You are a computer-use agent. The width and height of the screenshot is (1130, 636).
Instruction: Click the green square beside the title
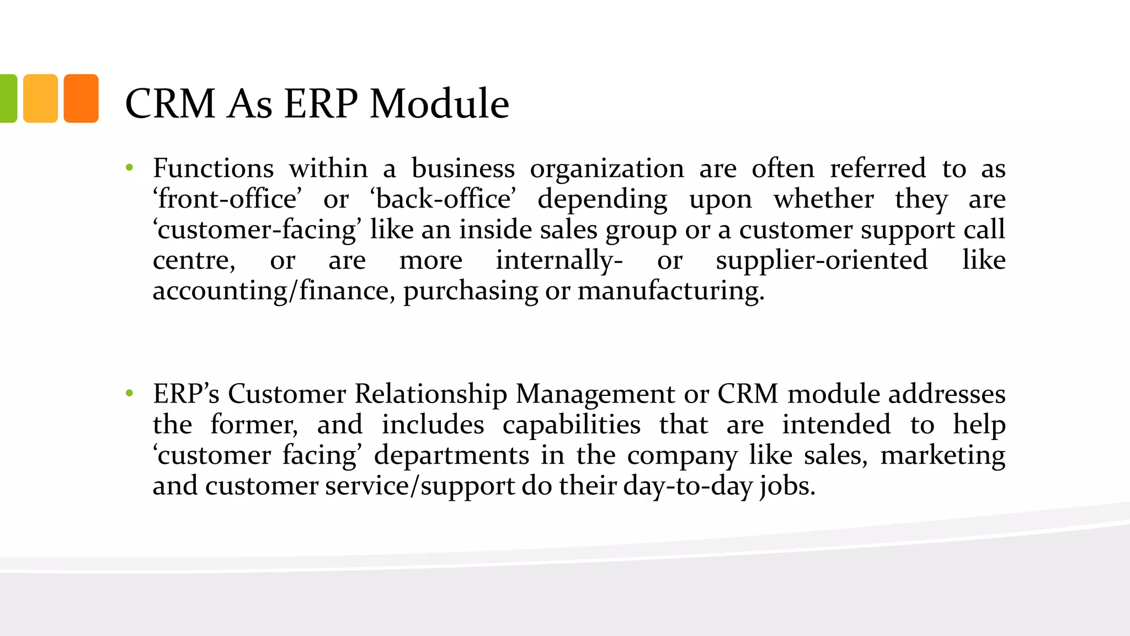pyautogui.click(x=8, y=98)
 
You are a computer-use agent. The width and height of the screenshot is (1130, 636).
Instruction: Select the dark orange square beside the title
pyautogui.click(x=81, y=98)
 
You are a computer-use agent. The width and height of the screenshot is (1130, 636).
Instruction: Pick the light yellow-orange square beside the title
pyautogui.click(x=40, y=98)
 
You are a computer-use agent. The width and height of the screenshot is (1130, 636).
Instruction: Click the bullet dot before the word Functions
pyautogui.click(x=130, y=168)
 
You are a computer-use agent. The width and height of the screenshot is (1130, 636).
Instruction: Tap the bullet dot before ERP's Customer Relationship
pyautogui.click(x=130, y=394)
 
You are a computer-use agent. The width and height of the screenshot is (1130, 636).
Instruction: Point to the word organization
pyautogui.click(x=607, y=168)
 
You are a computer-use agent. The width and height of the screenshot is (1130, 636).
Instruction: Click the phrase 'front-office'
pyautogui.click(x=227, y=199)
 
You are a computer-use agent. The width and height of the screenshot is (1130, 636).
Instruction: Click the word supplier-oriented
pyautogui.click(x=822, y=260)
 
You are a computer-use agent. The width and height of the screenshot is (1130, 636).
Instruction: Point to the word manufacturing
pyautogui.click(x=671, y=291)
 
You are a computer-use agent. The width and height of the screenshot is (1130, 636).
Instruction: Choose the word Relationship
pyautogui.click(x=430, y=395)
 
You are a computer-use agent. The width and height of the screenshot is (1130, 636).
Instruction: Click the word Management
pyautogui.click(x=595, y=395)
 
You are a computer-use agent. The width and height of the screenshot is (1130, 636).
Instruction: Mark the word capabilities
pyautogui.click(x=572, y=425)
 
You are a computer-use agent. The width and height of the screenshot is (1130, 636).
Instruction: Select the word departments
pyautogui.click(x=451, y=455)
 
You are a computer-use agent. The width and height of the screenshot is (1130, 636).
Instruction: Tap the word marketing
pyautogui.click(x=942, y=456)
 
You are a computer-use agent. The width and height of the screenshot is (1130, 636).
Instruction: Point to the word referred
pyautogui.click(x=878, y=168)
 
